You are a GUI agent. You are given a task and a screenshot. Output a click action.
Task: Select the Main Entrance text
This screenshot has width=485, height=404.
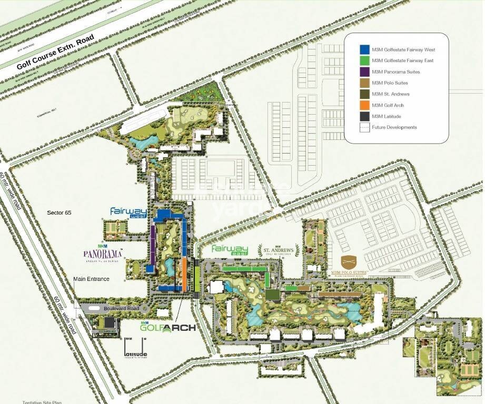pyautogui.click(x=91, y=279)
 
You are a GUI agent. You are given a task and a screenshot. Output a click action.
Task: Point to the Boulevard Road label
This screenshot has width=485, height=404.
pyautogui.click(x=122, y=308)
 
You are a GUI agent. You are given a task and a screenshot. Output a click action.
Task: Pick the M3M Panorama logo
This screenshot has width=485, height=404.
pyautogui.click(x=103, y=255)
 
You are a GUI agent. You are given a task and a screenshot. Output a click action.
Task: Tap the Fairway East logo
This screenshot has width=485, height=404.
pyautogui.click(x=230, y=250)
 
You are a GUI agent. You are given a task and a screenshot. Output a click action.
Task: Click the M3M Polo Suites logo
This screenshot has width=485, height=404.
pyautogui.click(x=348, y=265)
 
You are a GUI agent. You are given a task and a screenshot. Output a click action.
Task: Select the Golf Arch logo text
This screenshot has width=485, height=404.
pyautogui.click(x=168, y=327)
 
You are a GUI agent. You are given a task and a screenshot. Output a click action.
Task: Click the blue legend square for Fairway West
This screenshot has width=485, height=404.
pyautogui.click(x=364, y=49)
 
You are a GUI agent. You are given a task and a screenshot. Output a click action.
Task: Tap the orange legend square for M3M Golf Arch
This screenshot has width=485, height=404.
pyautogui.click(x=364, y=105)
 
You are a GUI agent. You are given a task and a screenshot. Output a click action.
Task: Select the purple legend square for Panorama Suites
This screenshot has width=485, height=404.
pyautogui.click(x=364, y=72)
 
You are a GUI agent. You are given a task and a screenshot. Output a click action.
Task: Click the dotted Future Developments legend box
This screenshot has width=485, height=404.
pyautogui.click(x=364, y=127)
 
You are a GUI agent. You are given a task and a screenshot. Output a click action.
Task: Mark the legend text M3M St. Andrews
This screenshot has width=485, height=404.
pyautogui.click(x=390, y=94)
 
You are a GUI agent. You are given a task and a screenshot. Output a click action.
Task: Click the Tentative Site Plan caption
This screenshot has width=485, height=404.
pyautogui.click(x=42, y=402)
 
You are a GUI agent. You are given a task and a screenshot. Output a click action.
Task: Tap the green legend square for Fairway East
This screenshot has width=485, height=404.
pyautogui.click(x=364, y=60)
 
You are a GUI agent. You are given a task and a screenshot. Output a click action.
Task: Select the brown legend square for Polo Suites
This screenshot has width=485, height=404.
pyautogui.click(x=364, y=83)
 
